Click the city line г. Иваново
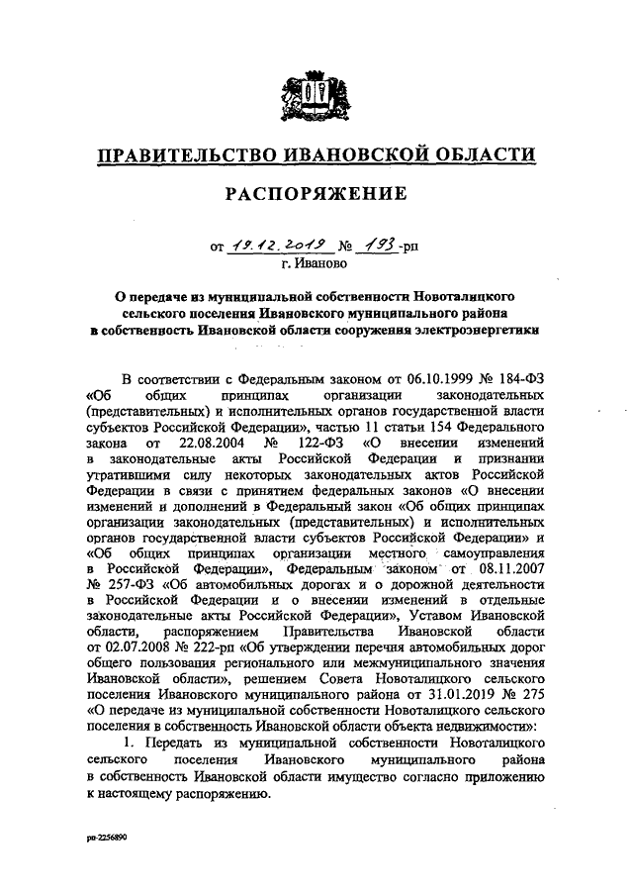click(x=316, y=264)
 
